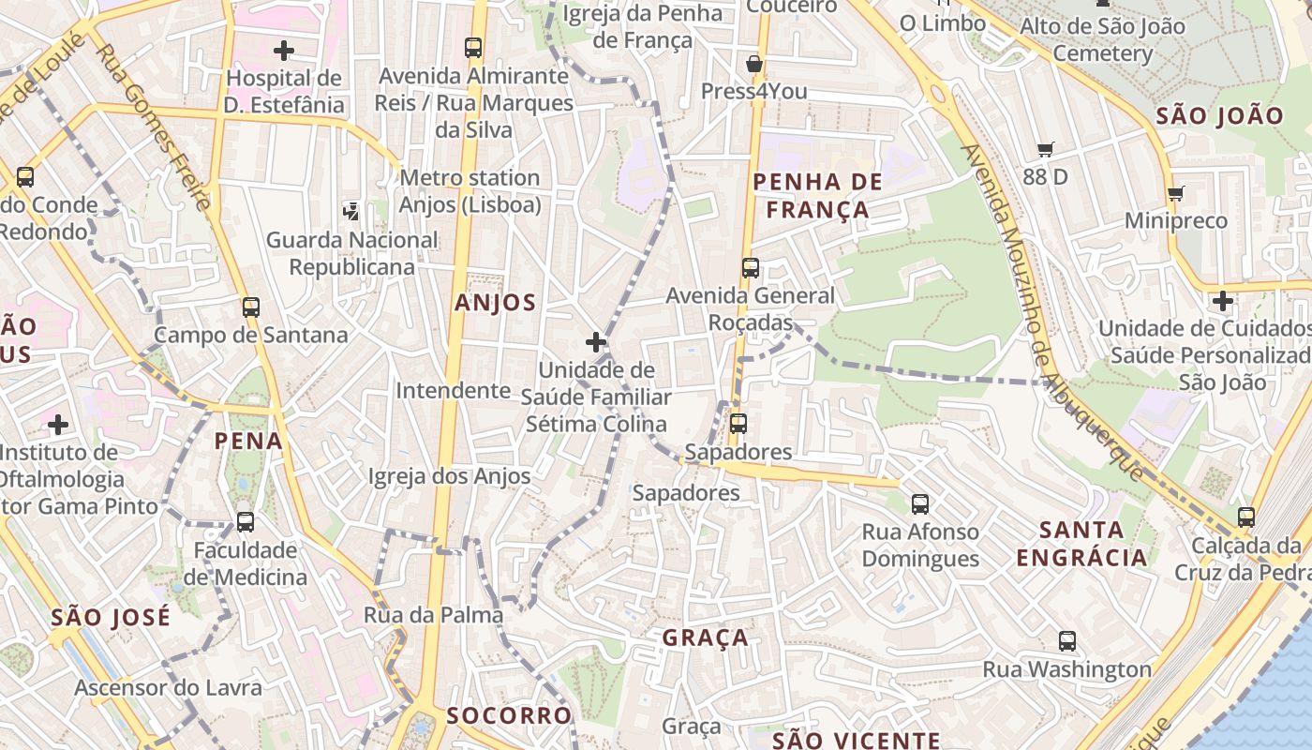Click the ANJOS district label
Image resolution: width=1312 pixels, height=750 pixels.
[x=495, y=303]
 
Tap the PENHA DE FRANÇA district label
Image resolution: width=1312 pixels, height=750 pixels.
[x=818, y=196]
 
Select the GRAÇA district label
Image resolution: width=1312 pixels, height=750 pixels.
[x=706, y=638]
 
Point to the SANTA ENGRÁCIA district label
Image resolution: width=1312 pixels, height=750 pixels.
[x=1081, y=544]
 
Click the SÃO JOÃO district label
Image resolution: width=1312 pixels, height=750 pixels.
[x=1219, y=116]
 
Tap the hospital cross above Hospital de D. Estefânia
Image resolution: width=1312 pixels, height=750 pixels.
[x=284, y=51]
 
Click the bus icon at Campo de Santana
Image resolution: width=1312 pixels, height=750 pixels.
[x=250, y=307]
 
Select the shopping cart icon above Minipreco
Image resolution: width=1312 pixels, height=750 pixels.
[x=1176, y=193]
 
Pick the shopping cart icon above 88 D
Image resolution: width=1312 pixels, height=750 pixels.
[x=1046, y=149]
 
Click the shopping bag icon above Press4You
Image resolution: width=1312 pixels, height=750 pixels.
[x=754, y=65]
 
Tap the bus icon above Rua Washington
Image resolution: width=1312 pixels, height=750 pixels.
[x=1066, y=641]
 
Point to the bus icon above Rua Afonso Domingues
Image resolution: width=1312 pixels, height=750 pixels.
[x=920, y=504]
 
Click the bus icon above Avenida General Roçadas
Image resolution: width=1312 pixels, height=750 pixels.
[x=750, y=268]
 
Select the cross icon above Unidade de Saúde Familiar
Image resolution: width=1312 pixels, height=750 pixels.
[x=595, y=342]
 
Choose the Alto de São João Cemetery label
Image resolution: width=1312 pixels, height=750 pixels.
[x=1102, y=39]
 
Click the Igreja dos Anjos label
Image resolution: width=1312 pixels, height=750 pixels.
[x=449, y=476]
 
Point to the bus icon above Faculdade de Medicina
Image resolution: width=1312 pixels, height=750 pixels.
[x=245, y=522]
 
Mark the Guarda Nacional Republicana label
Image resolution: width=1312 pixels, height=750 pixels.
[x=351, y=253]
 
